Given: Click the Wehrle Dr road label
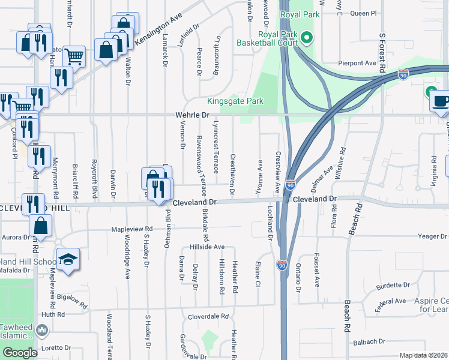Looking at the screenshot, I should (191, 114).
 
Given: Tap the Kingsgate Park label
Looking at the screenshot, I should (235, 101).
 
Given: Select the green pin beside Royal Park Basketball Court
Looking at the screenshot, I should (307, 38).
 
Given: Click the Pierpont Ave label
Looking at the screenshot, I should (357, 62).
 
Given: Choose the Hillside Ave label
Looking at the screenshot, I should (207, 247).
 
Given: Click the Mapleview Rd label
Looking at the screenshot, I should (132, 229).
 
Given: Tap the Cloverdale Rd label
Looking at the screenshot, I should (208, 316).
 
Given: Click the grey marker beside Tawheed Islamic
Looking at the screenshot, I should (42, 330).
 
